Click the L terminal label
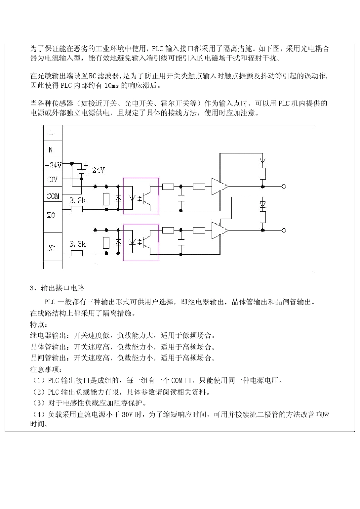51,133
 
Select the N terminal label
51,150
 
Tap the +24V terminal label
53,166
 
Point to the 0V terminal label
53,180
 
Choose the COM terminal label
53,196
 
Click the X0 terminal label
51,215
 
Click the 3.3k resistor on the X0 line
77,209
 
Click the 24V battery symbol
82,170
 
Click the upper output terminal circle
284,186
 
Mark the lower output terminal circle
284,230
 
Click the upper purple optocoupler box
141,196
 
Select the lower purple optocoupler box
141,242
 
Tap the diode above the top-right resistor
263,160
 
